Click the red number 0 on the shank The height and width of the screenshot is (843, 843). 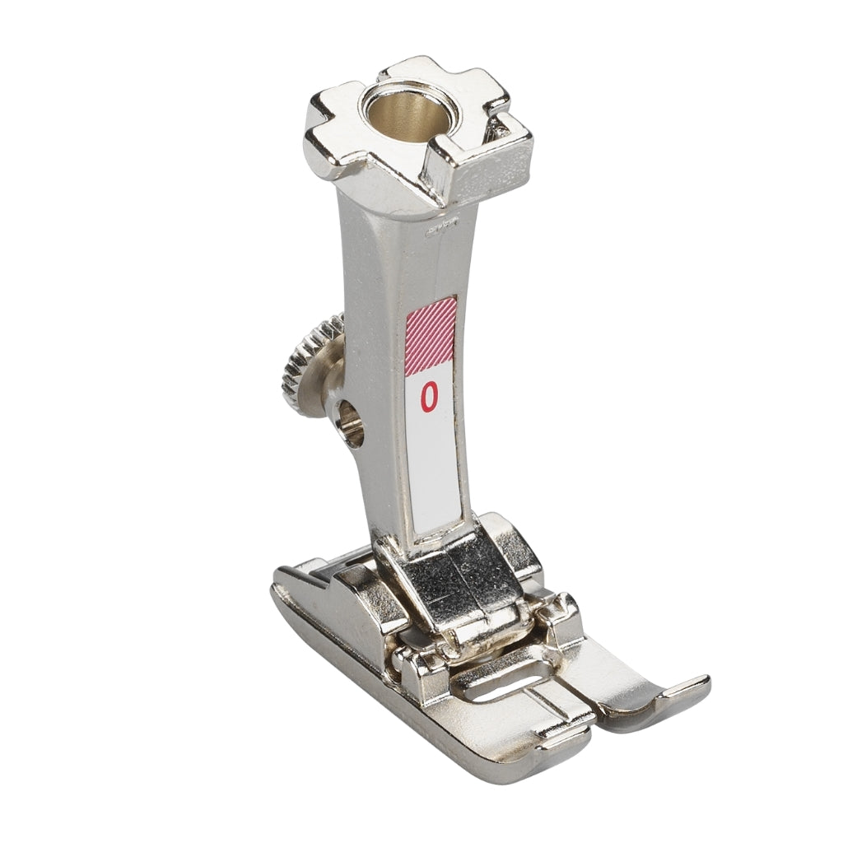[428, 396]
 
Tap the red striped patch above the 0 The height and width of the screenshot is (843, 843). [431, 336]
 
